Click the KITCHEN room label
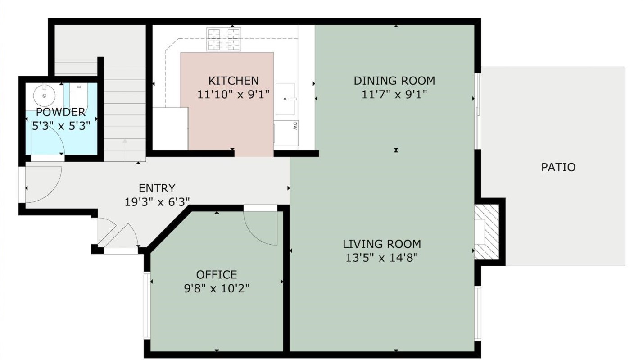pos(233,81)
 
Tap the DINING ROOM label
pos(394,81)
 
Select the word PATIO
pos(558,167)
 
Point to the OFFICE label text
pos(217,275)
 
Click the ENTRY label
pos(157,188)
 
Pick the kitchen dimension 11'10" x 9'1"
pos(233,94)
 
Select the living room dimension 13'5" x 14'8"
pos(381,258)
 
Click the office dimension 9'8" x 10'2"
pos(217,288)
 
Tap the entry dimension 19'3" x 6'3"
pos(157,202)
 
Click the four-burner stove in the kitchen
pos(224,39)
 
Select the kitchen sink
pos(285,99)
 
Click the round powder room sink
pos(44,95)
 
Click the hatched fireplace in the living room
pos(486,232)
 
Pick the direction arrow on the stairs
pos(125,150)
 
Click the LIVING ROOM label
pos(382,244)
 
